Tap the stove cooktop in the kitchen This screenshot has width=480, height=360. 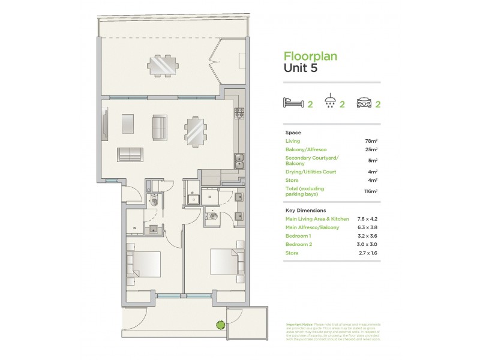coord(239,112)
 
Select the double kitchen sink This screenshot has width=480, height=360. coord(239,160)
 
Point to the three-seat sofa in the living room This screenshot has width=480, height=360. coord(130,154)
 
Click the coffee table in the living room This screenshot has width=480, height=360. coord(131,124)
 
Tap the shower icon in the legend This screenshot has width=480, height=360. coord(329,103)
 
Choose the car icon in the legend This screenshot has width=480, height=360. coord(364,103)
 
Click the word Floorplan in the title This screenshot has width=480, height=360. coord(310,56)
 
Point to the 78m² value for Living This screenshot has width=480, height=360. coord(371,141)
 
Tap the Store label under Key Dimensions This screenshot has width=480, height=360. coord(292,253)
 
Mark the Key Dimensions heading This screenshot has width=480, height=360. coord(305,211)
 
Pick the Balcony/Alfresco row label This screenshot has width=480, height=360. coord(307,149)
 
